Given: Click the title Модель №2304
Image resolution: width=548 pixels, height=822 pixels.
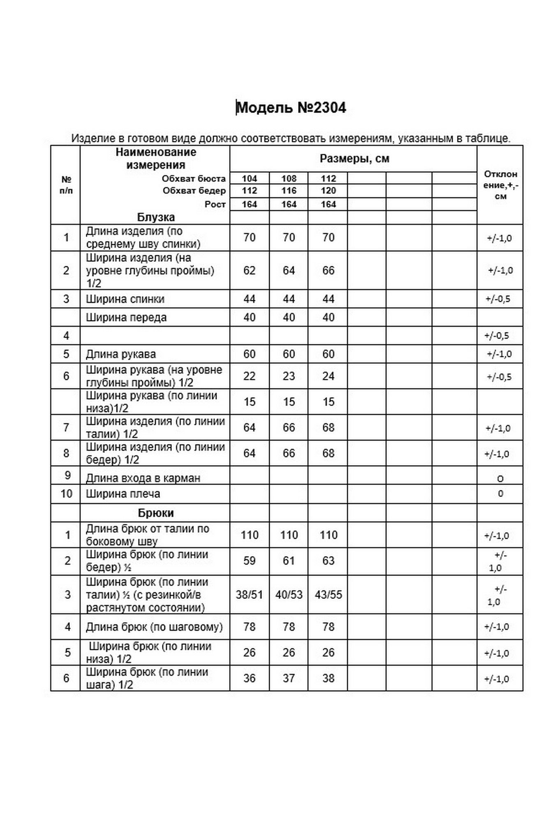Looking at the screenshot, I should [291, 108].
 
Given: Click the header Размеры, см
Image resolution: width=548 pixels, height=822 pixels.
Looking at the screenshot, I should [354, 159].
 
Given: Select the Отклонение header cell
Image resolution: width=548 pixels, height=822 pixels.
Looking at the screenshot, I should [500, 185].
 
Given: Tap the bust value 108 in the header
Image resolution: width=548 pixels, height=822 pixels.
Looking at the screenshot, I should [289, 179].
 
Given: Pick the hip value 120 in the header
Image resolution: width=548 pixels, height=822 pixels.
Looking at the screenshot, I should [328, 191].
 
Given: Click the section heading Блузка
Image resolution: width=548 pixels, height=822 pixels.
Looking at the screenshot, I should [156, 217].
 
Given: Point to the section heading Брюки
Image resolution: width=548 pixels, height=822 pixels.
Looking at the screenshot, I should [156, 513].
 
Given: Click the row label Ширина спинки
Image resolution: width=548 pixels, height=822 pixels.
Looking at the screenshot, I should [125, 299].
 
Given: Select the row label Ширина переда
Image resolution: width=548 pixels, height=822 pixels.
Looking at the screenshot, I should [126, 318].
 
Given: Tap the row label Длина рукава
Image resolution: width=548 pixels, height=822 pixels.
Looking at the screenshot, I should [121, 354].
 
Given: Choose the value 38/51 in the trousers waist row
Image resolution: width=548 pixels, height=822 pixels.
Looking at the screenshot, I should [250, 595].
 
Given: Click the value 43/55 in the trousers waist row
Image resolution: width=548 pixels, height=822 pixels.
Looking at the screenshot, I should [328, 595].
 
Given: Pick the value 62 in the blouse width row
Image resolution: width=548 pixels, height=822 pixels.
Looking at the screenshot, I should [250, 270].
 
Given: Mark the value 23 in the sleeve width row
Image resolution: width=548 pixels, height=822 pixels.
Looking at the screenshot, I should [289, 376].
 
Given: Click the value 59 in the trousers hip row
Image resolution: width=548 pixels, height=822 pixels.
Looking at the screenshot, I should [250, 561].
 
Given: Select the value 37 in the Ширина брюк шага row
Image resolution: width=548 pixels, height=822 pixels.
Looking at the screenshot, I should [289, 678].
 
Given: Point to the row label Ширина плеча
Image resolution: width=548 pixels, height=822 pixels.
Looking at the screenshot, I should [123, 494].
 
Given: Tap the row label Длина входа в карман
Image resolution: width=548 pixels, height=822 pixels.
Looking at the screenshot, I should [143, 478].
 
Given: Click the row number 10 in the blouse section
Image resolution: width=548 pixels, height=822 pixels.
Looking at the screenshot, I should [66, 494].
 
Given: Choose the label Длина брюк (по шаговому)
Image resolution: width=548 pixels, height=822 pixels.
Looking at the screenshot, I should [154, 627].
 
